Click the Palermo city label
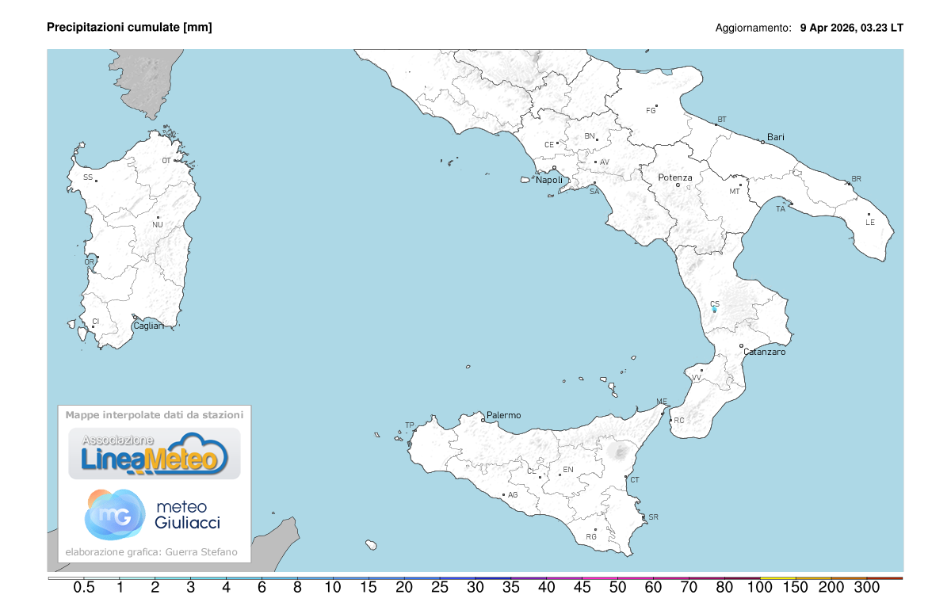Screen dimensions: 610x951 (504, 415)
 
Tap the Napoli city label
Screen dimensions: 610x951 (549, 180)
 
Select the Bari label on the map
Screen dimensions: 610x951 (775, 137)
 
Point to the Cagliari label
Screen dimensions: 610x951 (148, 326)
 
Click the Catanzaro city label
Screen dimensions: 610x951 (764, 352)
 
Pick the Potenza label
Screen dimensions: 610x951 (675, 177)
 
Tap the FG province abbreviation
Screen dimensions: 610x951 (651, 110)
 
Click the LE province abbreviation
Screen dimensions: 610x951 (870, 222)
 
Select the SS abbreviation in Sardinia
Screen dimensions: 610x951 (88, 177)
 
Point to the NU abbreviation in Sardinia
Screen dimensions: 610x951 (158, 225)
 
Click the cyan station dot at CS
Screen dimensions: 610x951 (715, 310)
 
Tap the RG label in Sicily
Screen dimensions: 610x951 (591, 536)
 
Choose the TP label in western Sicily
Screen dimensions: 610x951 (410, 425)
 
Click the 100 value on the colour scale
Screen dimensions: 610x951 (760, 588)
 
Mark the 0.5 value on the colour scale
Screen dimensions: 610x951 (84, 588)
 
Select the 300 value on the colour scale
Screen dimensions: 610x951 (867, 588)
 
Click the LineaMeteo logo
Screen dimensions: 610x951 (155, 454)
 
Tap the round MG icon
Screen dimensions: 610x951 (115, 514)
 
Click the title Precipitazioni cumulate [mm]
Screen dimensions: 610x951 (129, 27)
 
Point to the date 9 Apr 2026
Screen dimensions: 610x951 (827, 27)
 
